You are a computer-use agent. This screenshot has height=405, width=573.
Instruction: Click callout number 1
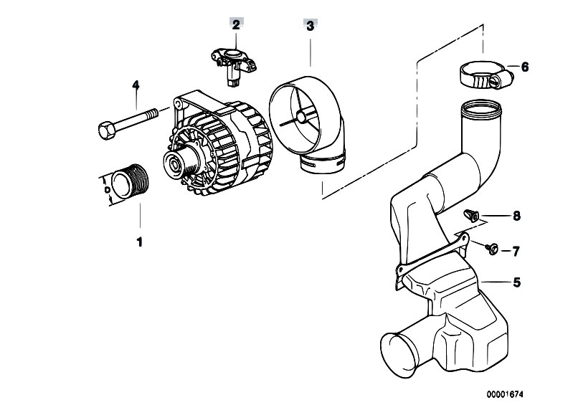tap(139, 242)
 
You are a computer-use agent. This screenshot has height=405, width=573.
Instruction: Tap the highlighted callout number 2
tap(236, 25)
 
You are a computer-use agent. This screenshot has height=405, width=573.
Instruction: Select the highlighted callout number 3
tap(310, 27)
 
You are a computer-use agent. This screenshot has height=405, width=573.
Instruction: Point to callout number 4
tap(136, 85)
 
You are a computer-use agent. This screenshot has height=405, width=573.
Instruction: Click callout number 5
tap(517, 282)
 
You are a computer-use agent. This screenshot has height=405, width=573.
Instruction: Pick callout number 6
tap(525, 67)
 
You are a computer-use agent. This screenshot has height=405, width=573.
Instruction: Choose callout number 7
tap(516, 252)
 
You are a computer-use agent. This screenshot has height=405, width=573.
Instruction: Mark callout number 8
tap(516, 216)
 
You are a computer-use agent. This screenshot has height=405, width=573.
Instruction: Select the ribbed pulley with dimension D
tap(130, 182)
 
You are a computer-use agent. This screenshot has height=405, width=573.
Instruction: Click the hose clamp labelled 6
tap(485, 74)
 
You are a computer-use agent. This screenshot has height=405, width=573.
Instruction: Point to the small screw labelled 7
tap(492, 249)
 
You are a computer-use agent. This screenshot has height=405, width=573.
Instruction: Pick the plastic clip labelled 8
tap(471, 216)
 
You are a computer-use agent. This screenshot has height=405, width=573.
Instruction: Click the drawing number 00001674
tap(505, 394)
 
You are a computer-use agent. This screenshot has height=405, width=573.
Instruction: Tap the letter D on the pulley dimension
tap(107, 190)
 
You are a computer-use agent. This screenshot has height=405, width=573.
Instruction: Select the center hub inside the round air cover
tap(301, 117)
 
